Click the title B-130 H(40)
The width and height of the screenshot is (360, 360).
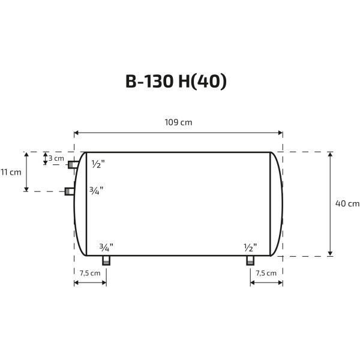point(176,82)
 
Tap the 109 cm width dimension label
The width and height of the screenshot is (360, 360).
point(178,122)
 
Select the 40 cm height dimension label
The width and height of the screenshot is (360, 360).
point(347,203)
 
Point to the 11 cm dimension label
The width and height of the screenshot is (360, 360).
point(11,172)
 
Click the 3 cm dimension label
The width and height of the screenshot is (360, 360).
point(56,158)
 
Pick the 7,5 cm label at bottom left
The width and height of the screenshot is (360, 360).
point(90,273)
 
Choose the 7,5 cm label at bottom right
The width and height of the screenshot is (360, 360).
point(266,273)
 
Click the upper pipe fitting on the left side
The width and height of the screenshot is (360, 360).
point(73,164)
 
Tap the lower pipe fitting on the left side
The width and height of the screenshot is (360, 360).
point(70,191)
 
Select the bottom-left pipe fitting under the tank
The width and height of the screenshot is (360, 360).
point(106,260)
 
